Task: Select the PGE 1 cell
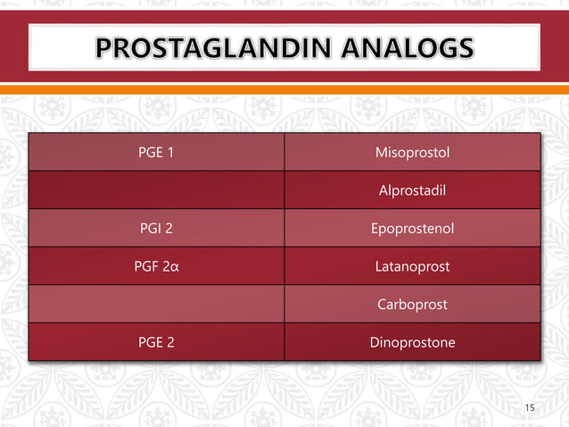(156, 152)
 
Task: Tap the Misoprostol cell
(412, 152)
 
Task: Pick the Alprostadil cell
(412, 190)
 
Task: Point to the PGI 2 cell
(156, 229)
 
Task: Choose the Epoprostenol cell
(412, 229)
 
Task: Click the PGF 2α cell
(156, 267)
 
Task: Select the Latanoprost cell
(412, 267)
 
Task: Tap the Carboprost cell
(412, 305)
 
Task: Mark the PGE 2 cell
(156, 342)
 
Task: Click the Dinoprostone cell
(412, 342)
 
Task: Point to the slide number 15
(530, 408)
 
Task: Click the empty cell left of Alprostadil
(156, 190)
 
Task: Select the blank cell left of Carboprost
(156, 305)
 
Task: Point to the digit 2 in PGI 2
(169, 229)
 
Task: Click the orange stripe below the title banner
(284, 89)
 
